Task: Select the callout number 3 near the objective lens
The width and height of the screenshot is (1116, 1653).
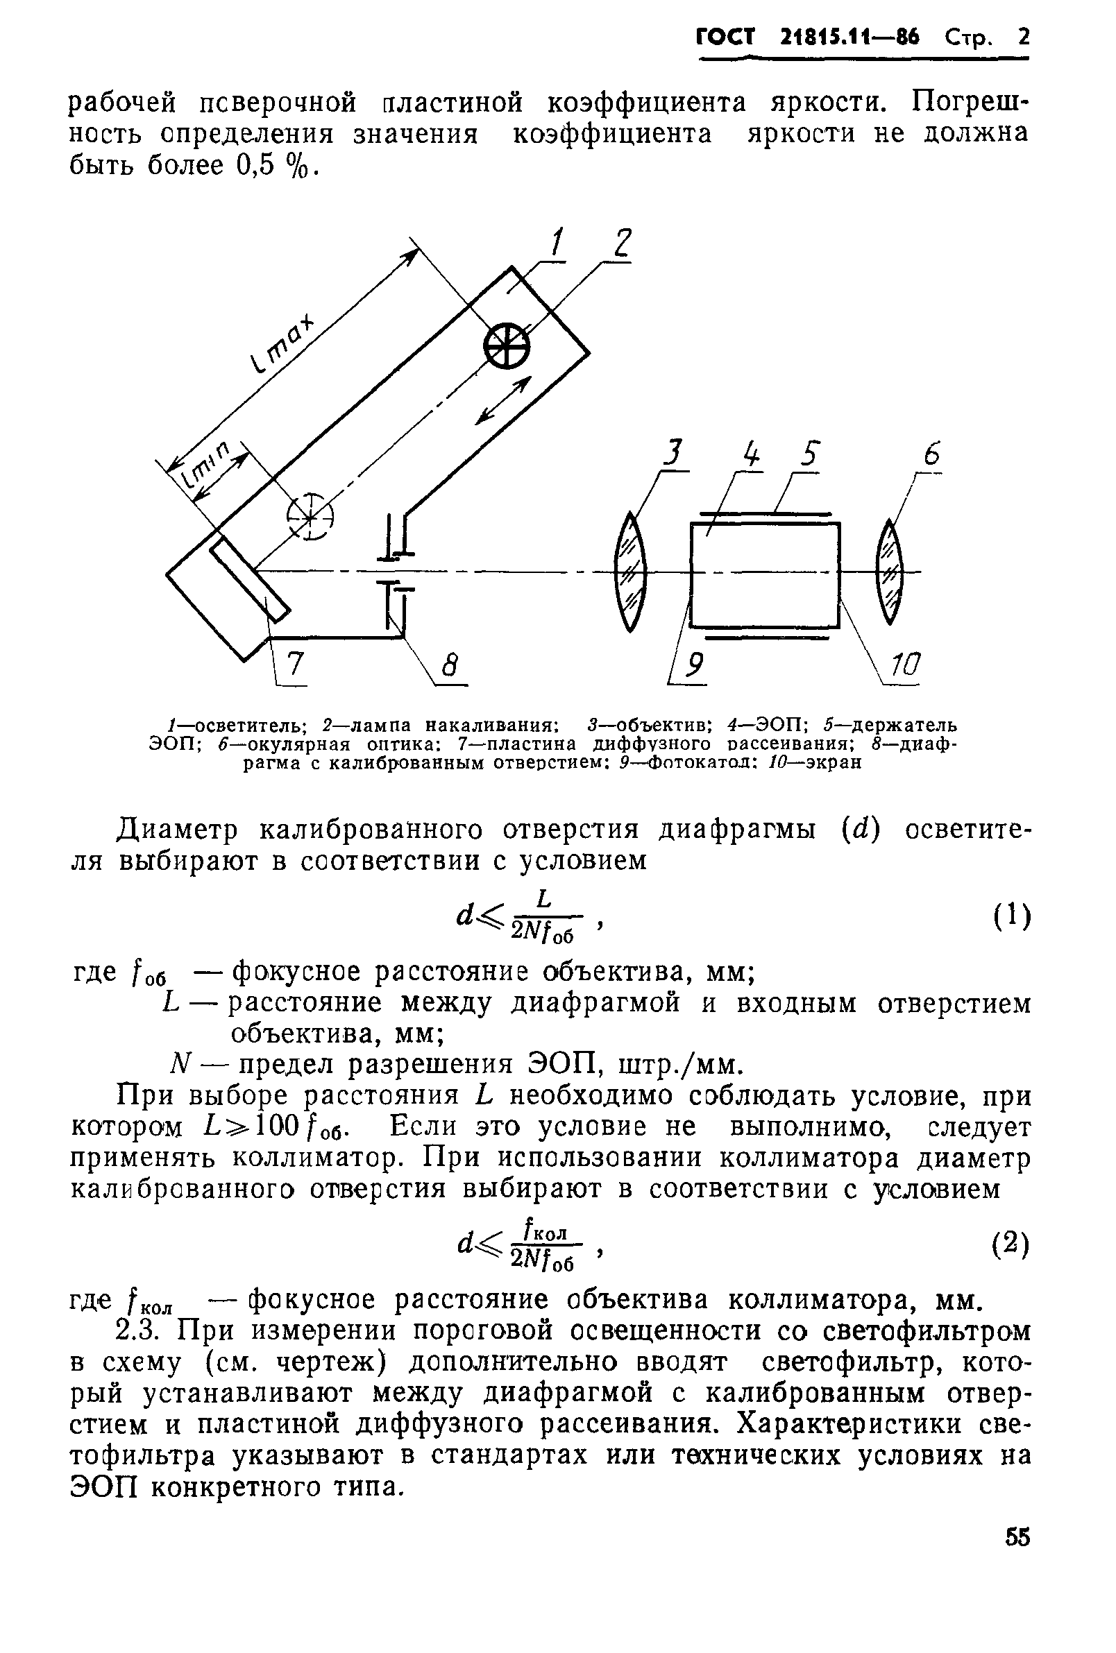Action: (x=673, y=453)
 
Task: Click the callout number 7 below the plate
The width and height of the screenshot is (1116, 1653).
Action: (x=295, y=665)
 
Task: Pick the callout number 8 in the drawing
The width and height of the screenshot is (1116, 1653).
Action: (x=449, y=667)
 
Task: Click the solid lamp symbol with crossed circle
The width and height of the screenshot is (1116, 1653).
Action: (x=507, y=347)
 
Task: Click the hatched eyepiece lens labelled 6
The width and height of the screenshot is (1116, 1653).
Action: (x=890, y=571)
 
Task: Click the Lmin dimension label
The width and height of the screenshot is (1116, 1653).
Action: (x=206, y=465)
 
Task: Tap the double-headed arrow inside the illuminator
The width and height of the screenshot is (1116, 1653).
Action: (x=503, y=400)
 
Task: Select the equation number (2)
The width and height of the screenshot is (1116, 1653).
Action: (x=1011, y=1245)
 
